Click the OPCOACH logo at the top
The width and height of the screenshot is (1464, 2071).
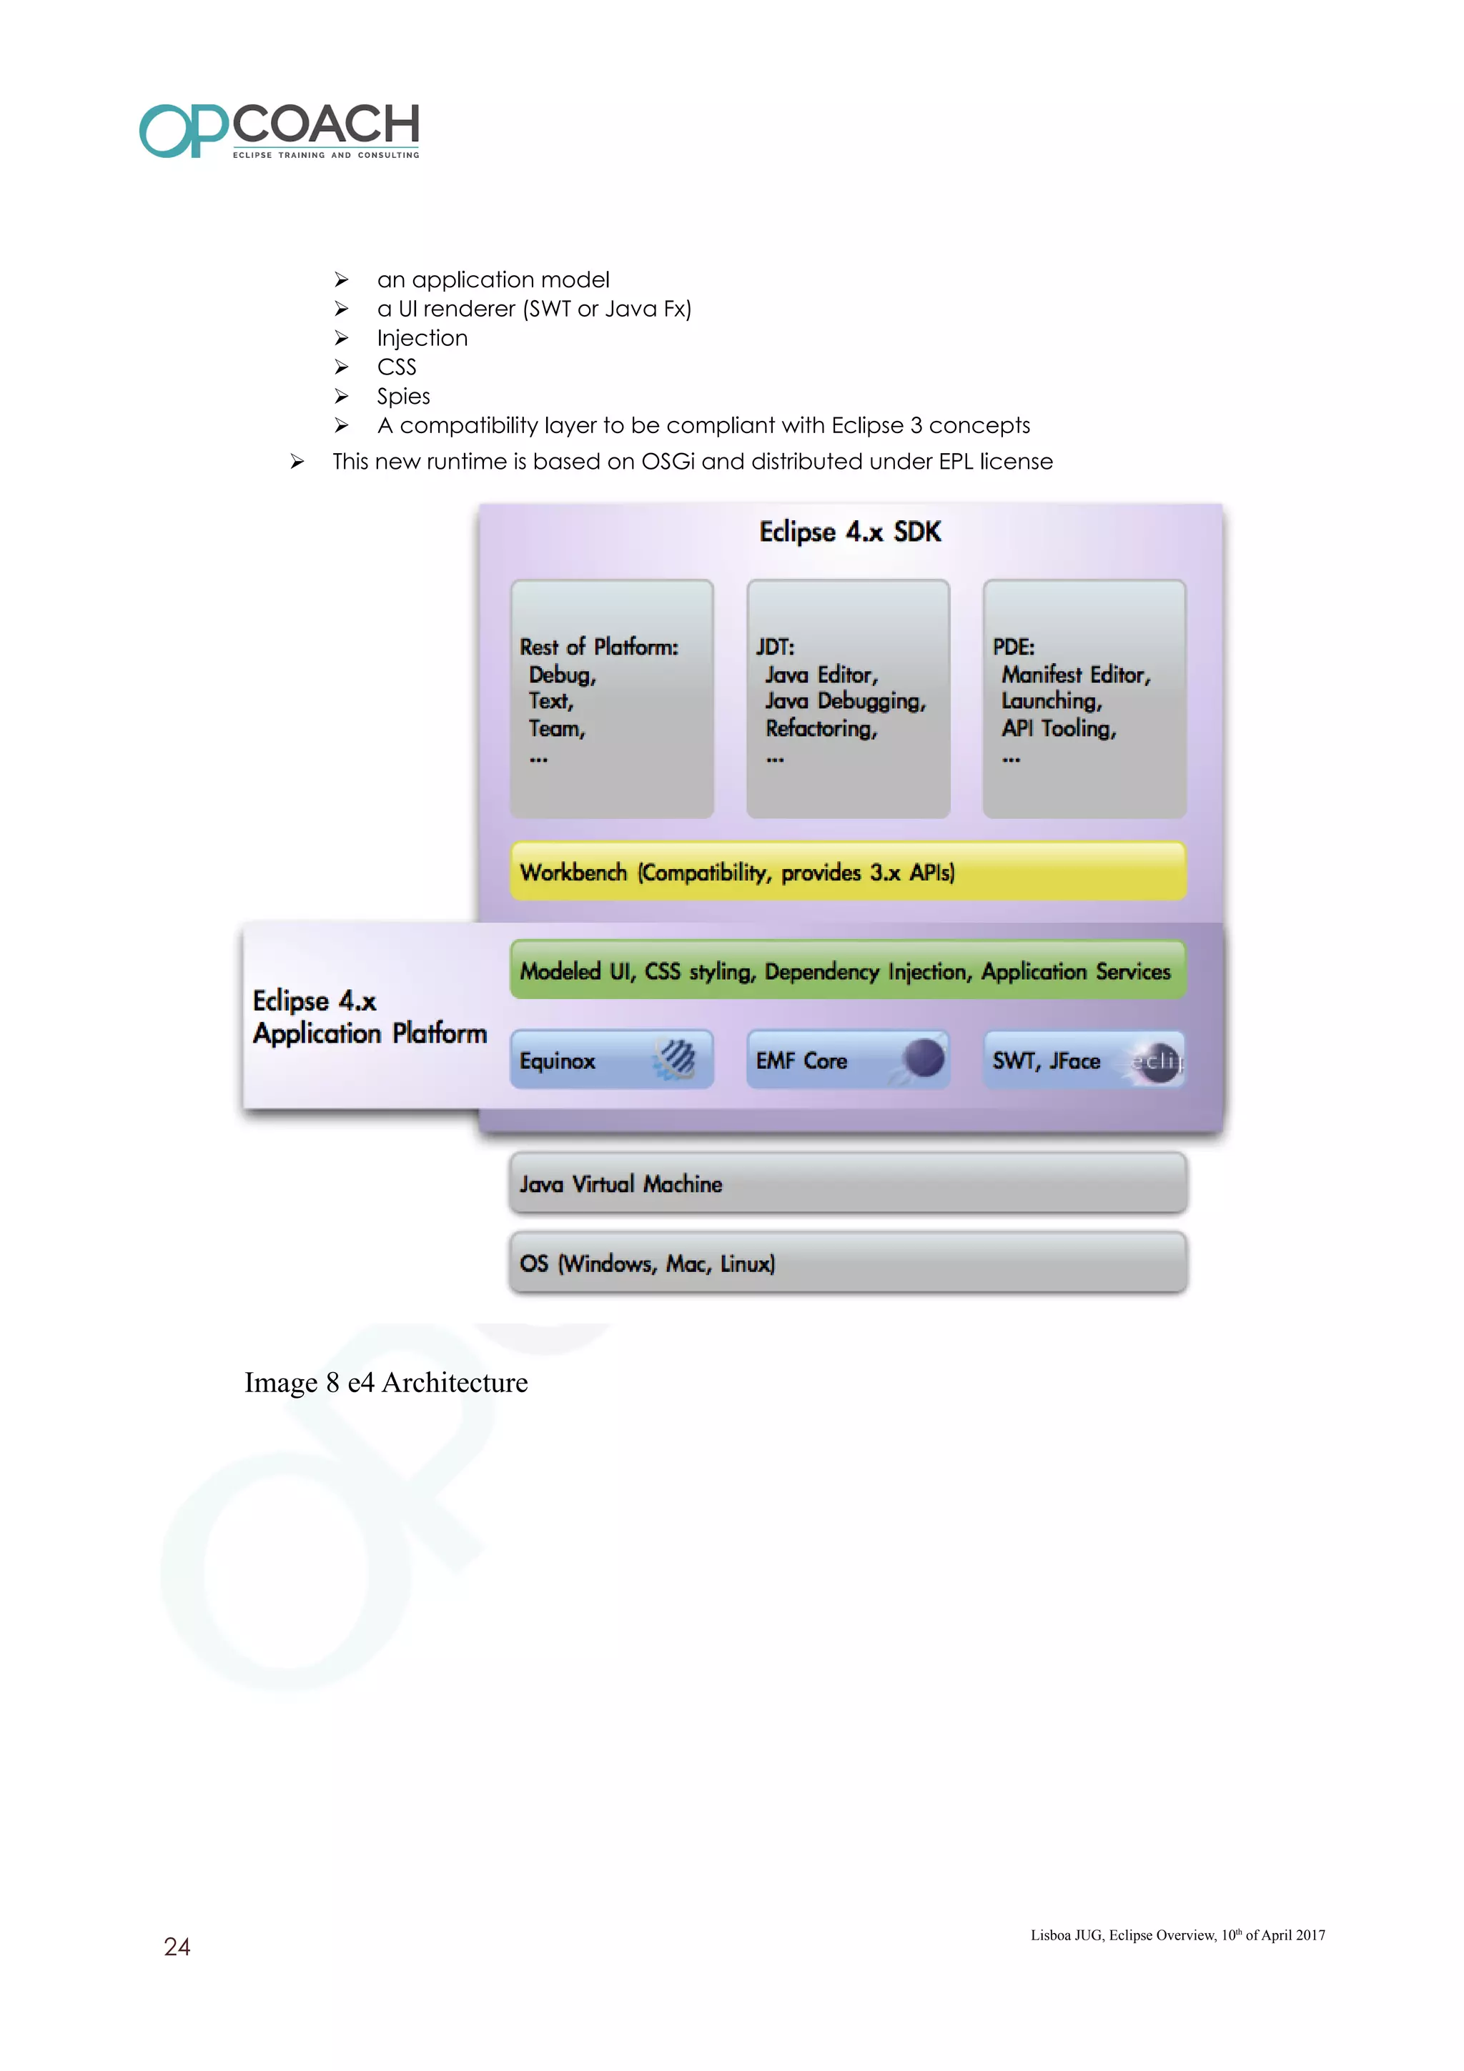point(279,131)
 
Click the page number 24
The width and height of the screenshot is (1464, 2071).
point(177,1947)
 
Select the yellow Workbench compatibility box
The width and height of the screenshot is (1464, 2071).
point(847,871)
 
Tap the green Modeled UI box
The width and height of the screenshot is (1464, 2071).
point(847,970)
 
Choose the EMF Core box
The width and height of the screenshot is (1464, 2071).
point(847,1060)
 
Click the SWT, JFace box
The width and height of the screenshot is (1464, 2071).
point(1083,1060)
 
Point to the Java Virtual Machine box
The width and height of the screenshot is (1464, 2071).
point(847,1183)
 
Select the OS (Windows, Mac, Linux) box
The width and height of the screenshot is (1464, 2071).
point(847,1263)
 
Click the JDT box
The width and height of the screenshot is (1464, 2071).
point(847,699)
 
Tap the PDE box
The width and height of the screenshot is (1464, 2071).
point(1083,699)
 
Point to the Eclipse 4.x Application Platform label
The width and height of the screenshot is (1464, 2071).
point(369,1016)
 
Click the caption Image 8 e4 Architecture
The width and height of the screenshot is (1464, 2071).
point(386,1383)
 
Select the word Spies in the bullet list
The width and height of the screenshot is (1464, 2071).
point(403,397)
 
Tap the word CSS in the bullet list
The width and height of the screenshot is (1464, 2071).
point(397,367)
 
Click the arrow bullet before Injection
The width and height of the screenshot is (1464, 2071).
point(341,338)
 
